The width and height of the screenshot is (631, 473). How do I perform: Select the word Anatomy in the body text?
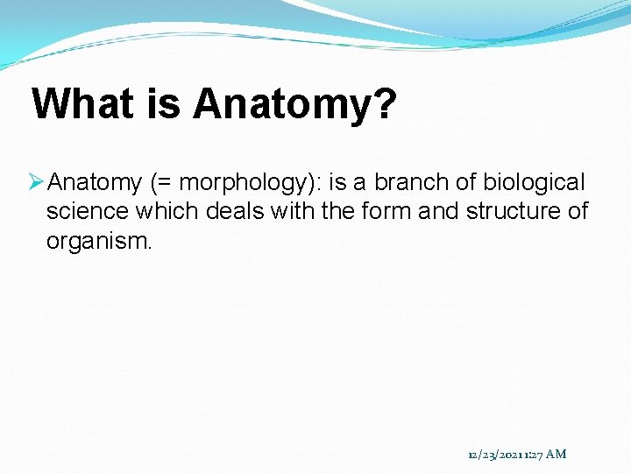[95, 182]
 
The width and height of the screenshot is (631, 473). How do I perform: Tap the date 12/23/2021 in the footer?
[495, 454]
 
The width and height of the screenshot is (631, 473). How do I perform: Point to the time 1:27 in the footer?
[533, 454]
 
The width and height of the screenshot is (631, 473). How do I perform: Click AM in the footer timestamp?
[556, 454]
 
